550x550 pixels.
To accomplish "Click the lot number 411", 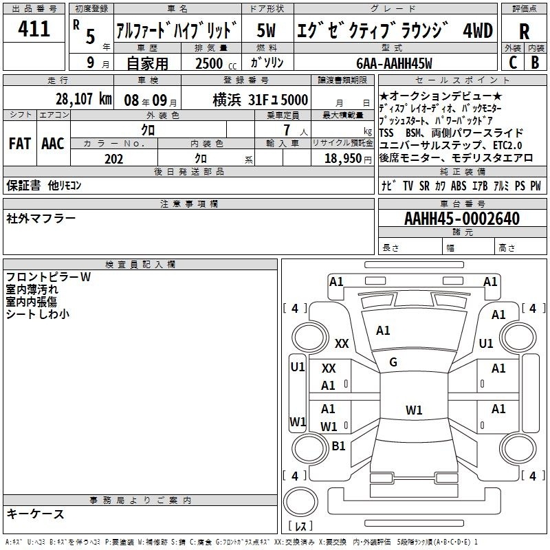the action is point(34,28).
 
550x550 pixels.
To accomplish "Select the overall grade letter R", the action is point(524,32).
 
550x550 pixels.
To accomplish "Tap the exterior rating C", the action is point(512,63).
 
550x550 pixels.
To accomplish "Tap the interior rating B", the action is point(535,63).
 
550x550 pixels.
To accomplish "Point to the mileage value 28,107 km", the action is point(83,99).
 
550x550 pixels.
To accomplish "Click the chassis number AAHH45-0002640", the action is point(462,219).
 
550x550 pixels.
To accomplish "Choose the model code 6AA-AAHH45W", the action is point(394,63).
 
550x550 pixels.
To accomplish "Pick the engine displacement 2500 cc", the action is point(216,63).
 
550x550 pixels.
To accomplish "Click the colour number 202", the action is point(114,159).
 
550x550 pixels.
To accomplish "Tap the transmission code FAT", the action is point(20,144).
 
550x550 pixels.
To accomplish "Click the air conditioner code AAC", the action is point(53,144).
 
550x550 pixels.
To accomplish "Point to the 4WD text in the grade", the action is point(478,31).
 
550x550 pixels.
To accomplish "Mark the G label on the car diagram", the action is point(393,362).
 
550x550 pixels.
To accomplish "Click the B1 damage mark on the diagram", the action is point(338,445).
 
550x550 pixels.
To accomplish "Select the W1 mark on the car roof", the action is point(414,410).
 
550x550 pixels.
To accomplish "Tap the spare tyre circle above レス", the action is point(300,501).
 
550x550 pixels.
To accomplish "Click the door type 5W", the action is point(266,30).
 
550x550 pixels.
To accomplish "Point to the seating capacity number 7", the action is point(287,130).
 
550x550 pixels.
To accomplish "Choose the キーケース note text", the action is point(36,514).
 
